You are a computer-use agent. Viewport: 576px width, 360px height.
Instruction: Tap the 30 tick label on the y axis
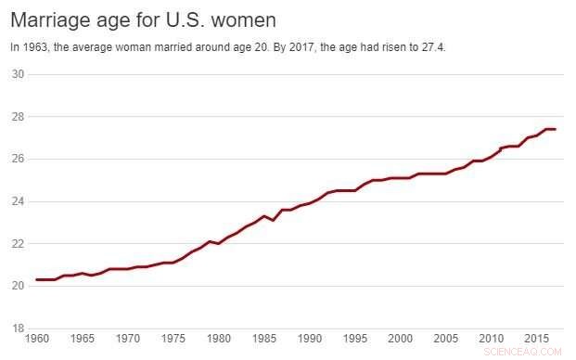click(x=17, y=74)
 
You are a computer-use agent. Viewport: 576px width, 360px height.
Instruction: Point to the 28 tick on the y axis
click(x=17, y=117)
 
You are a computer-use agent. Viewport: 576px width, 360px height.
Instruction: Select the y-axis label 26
click(x=17, y=159)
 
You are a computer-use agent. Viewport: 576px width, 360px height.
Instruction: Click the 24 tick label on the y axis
click(x=17, y=201)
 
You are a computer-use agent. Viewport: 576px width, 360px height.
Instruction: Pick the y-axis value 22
click(x=17, y=243)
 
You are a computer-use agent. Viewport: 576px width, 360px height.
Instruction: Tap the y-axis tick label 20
click(x=17, y=286)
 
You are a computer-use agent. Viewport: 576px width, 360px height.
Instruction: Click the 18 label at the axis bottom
click(x=17, y=328)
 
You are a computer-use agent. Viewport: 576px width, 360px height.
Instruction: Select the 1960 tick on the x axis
click(x=37, y=340)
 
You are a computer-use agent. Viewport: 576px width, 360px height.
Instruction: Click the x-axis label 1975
click(x=173, y=340)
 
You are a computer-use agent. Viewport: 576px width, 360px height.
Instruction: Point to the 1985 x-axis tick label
click(x=264, y=340)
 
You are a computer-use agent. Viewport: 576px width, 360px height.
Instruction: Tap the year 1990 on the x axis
click(x=310, y=340)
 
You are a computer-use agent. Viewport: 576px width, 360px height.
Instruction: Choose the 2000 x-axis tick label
click(x=401, y=340)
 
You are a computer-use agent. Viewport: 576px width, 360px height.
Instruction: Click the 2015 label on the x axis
click(x=536, y=340)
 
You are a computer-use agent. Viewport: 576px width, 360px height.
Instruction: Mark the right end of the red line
click(x=555, y=129)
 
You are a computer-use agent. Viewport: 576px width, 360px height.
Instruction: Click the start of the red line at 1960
click(x=37, y=279)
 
